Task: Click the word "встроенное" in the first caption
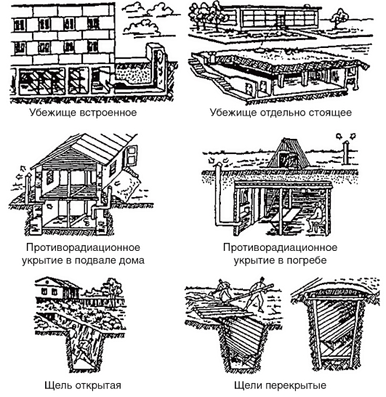coord(108,113)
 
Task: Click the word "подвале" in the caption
coord(94,260)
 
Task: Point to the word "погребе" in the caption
coord(306,260)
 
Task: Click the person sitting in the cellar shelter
coord(316,219)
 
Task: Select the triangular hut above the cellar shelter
coord(289,153)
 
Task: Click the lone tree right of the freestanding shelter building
coord(339,17)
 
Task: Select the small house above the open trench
coord(56,288)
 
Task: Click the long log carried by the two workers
coord(248,294)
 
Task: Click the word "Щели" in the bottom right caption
coord(248,386)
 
